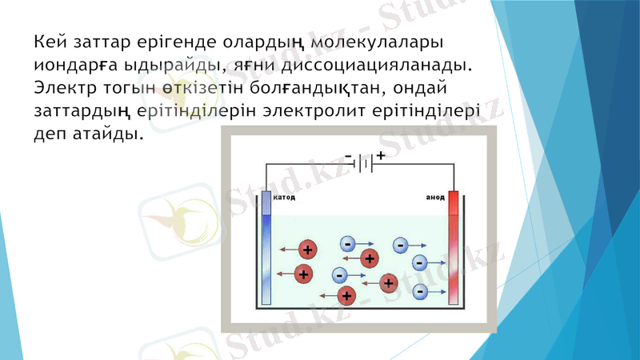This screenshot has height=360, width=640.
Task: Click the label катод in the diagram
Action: tap(285, 197)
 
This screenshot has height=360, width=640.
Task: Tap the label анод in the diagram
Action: tap(434, 197)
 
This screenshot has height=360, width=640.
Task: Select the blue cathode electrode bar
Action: tap(266, 248)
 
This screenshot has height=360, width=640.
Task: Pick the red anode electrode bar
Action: tap(454, 248)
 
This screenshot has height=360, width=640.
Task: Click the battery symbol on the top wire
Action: tap(363, 163)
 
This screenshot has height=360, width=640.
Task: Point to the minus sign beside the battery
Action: tap(349, 155)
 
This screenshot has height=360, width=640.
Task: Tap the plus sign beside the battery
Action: tap(381, 155)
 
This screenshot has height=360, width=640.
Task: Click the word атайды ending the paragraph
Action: tap(108, 130)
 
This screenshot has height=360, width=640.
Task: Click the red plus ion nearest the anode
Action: tap(390, 282)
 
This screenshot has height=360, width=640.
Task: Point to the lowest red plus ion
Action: tap(346, 296)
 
